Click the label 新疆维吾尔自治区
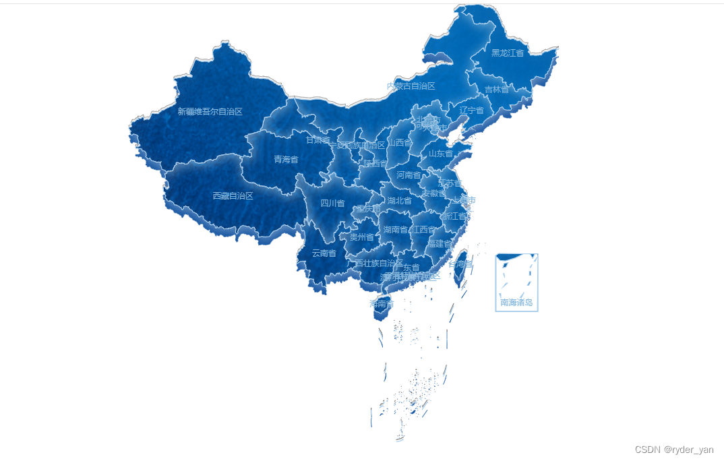(x=210, y=111)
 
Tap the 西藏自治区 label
(x=233, y=195)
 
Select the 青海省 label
(x=286, y=160)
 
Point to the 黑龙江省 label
(x=507, y=53)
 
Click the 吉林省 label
(x=497, y=90)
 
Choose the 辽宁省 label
(x=472, y=110)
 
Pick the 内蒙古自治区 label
(x=411, y=86)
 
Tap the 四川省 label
(x=332, y=203)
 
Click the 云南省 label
(x=324, y=253)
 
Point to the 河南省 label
(x=409, y=175)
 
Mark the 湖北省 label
(x=399, y=200)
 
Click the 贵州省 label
(x=361, y=237)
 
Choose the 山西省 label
(x=400, y=142)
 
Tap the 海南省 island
(x=381, y=303)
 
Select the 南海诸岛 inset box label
(x=516, y=303)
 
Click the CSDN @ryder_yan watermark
(x=674, y=450)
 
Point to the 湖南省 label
(x=395, y=230)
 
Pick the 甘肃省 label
(x=318, y=140)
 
